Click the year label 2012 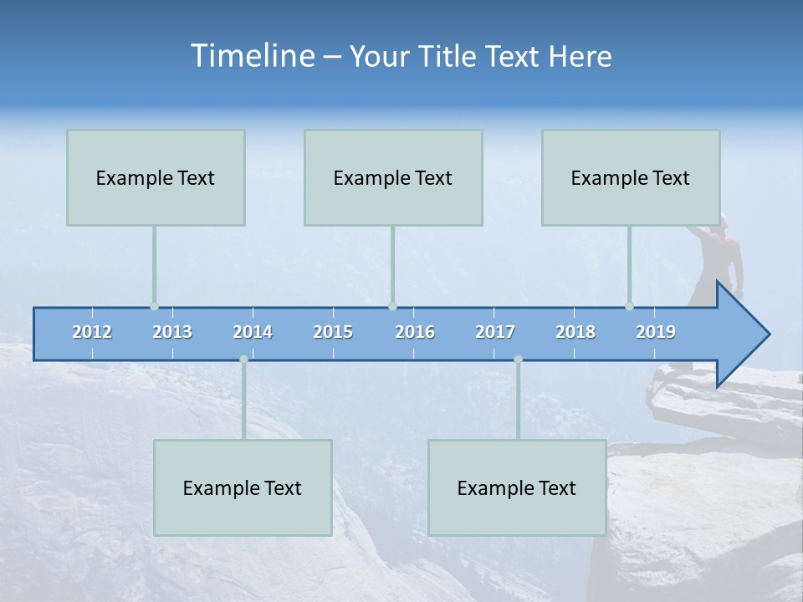tap(92, 332)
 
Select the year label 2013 tap(172, 332)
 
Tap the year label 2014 tap(253, 332)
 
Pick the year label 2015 tap(333, 332)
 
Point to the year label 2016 tap(415, 332)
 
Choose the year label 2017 tap(495, 332)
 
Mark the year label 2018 tap(575, 332)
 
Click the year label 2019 tap(656, 332)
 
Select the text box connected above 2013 tap(156, 177)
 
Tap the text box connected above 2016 tap(393, 177)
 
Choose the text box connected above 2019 tap(631, 177)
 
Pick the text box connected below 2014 tap(243, 487)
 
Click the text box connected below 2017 tap(517, 487)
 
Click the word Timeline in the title tap(251, 55)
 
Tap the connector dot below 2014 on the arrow tap(243, 360)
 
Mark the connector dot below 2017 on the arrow tap(518, 360)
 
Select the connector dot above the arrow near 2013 tap(154, 307)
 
